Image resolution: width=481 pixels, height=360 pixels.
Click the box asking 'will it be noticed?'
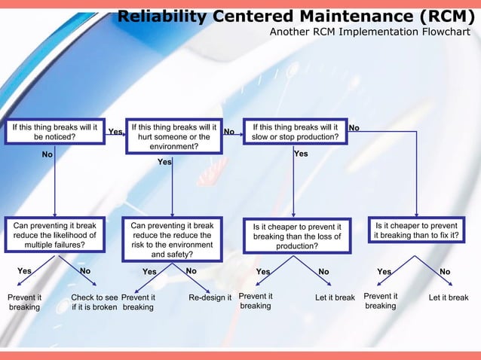54,133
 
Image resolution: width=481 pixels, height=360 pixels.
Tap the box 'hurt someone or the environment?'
173,136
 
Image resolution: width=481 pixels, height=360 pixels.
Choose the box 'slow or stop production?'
295,133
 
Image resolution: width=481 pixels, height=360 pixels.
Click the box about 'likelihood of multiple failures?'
54,235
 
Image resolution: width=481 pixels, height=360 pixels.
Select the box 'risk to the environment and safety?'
173,239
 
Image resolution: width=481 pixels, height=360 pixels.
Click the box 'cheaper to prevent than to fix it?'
416,230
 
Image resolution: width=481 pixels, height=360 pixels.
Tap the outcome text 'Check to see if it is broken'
94,302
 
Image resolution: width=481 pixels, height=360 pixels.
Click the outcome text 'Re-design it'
210,297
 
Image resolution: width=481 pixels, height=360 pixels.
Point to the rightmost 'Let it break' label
449,297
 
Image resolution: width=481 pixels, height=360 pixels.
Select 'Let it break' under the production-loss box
335,297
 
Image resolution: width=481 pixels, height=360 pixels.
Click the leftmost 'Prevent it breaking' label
24,302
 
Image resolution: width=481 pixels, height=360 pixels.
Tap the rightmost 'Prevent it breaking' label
380,301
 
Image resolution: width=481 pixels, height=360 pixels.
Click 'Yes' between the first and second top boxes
115,132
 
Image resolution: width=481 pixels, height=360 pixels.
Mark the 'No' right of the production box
354,129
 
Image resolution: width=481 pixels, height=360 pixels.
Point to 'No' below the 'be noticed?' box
47,154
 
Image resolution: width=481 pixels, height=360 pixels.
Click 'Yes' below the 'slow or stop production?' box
301,154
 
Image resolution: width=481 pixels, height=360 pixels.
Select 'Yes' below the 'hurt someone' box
164,162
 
